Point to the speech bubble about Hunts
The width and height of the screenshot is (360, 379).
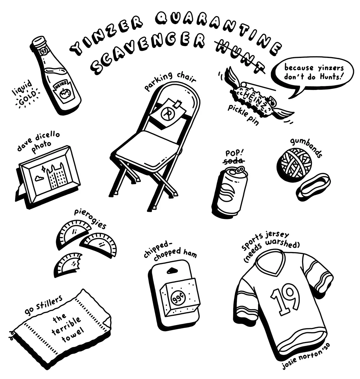[x=312, y=74]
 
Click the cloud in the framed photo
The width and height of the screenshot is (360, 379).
[x=39, y=178]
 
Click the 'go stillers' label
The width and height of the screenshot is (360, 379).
[x=44, y=305]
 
